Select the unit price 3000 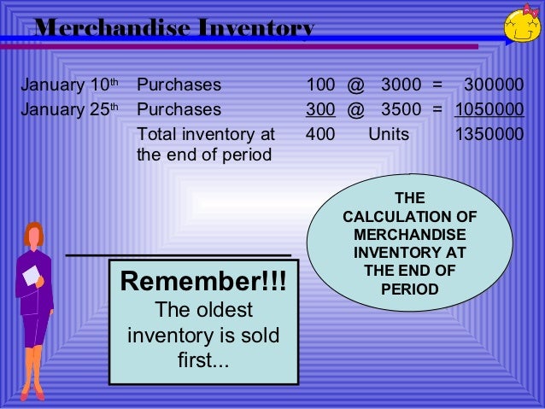pos(401,85)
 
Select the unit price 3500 pos(401,110)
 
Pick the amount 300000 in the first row pos(493,85)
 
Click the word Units pos(389,135)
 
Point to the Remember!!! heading pos(203,281)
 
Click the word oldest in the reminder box pos(224,308)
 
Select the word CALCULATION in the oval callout pos(409,217)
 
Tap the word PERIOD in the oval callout pos(409,289)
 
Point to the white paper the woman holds pos(31,275)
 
